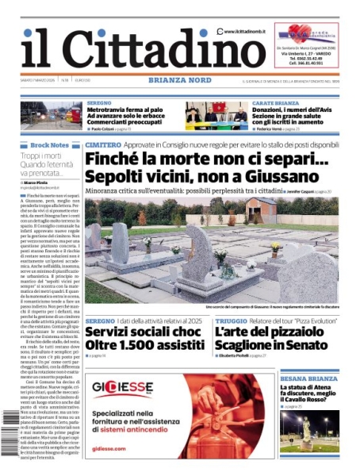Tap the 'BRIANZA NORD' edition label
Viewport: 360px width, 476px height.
pos(179,80)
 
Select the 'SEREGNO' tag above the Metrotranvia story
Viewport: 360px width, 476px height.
pos(99,104)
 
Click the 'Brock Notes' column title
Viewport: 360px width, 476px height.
pos(50,145)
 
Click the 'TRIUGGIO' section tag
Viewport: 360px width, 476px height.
pos(231,320)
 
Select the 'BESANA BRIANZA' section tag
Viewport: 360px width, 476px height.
pos(308,379)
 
